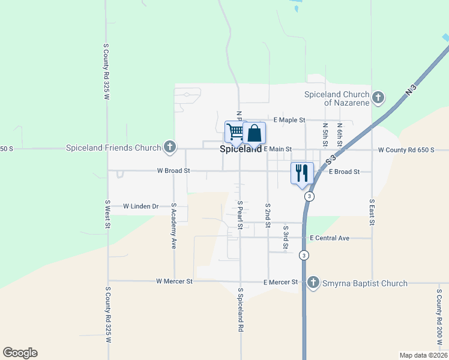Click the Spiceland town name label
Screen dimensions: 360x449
coord(241,149)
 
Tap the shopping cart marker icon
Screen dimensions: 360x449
coord(235,132)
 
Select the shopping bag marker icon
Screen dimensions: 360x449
coord(255,133)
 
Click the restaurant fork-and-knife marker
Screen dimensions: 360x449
coord(302,173)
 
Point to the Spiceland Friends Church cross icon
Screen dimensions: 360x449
coord(170,147)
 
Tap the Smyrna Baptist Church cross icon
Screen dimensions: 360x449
coord(313,283)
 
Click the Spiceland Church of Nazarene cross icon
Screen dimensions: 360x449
coord(378,97)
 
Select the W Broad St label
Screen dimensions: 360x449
coord(173,171)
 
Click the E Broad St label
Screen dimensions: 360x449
coord(344,172)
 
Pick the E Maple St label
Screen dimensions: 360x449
coord(289,121)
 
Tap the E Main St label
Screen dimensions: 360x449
coord(277,149)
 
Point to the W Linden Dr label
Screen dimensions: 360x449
coord(140,206)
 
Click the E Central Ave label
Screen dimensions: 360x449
coord(330,238)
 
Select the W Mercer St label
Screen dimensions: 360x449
coord(174,281)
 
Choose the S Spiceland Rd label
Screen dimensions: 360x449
coord(240,310)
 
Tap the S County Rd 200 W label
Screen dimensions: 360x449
coord(439,315)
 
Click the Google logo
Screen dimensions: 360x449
coord(20,353)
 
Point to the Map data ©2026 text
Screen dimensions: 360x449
coord(423,355)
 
